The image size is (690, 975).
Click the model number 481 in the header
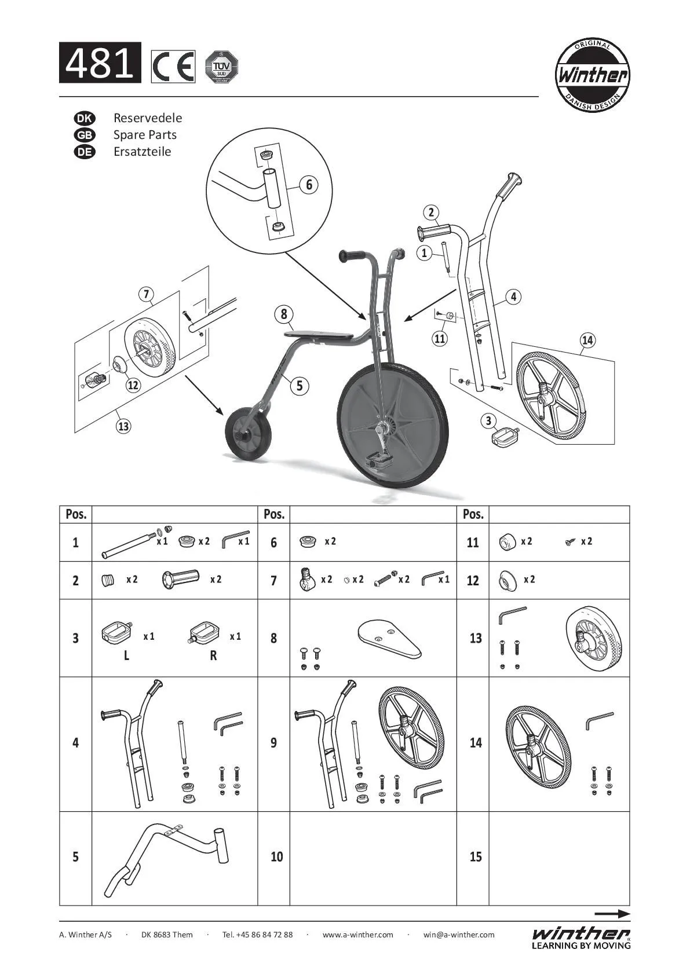pos(100,63)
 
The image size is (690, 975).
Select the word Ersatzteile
pos(142,152)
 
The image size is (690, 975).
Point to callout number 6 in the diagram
pos(309,184)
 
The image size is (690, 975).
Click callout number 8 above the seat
pos(284,314)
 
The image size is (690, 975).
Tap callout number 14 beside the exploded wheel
pos(587,340)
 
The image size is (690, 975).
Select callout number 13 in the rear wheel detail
pos(123,426)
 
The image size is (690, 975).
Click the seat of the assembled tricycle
pos(319,336)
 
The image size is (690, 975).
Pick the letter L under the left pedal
pos(126,655)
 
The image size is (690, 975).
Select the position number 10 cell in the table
pos(276,856)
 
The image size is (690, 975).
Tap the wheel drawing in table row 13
pos(594,638)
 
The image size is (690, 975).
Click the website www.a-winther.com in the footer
pos(357,934)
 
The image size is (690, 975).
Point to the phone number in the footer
pos(258,934)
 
